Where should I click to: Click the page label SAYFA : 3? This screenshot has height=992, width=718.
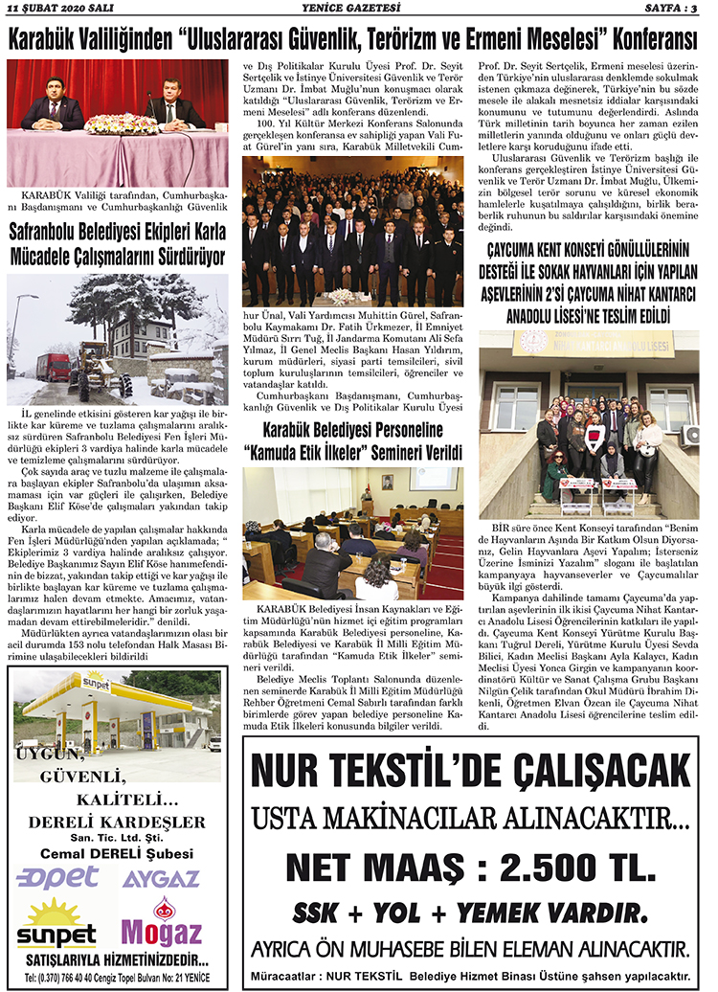(672, 10)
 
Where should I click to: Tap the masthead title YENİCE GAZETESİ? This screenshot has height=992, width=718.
(356, 10)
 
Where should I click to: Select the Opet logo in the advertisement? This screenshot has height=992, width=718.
(58, 877)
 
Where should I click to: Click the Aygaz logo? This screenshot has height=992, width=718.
(161, 878)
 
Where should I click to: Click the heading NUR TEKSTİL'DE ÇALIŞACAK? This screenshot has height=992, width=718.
(469, 773)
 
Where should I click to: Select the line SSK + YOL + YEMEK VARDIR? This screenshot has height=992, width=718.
(469, 907)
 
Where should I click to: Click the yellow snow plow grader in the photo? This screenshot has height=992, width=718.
(97, 368)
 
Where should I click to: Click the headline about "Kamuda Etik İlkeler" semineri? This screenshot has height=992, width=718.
(349, 441)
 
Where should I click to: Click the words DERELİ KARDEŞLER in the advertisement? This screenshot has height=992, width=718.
(117, 822)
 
